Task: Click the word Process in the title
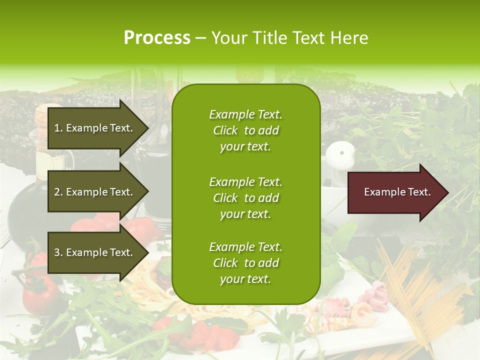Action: [157, 38]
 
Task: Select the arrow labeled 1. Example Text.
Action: [95, 128]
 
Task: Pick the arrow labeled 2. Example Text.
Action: [95, 192]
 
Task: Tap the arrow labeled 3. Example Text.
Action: [95, 252]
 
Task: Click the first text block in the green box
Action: [245, 130]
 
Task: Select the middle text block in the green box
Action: [245, 198]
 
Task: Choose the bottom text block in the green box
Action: [245, 263]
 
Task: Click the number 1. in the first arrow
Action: [58, 128]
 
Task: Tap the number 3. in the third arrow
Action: [58, 252]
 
